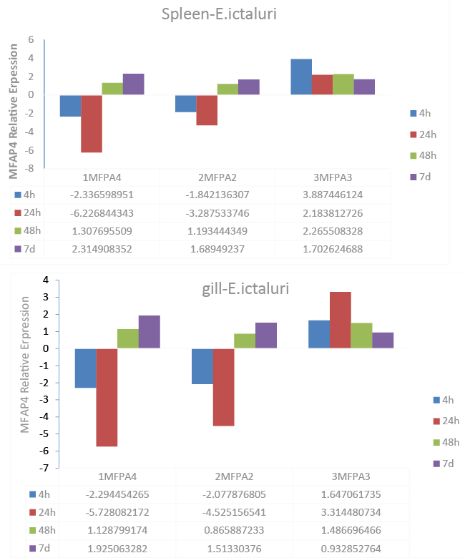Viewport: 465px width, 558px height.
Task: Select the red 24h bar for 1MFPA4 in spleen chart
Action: [x=92, y=124]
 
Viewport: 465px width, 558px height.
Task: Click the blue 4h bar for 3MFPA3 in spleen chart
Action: [x=301, y=77]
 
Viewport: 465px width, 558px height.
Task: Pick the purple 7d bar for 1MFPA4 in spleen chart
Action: [x=133, y=84]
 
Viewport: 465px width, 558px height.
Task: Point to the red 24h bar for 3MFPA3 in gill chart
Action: [x=340, y=320]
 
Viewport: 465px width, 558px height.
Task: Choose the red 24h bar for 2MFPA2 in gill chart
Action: [x=223, y=387]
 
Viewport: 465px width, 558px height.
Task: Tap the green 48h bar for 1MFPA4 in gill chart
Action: [x=128, y=339]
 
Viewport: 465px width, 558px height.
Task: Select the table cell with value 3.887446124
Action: [x=333, y=195]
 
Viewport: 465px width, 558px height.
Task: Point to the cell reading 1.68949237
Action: [x=217, y=249]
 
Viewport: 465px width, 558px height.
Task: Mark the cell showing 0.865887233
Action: [x=235, y=531]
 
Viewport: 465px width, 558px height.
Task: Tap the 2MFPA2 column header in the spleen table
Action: [x=217, y=177]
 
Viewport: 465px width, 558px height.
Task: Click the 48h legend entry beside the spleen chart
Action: [x=424, y=155]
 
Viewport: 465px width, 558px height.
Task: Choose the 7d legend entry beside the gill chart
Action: [x=444, y=464]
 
